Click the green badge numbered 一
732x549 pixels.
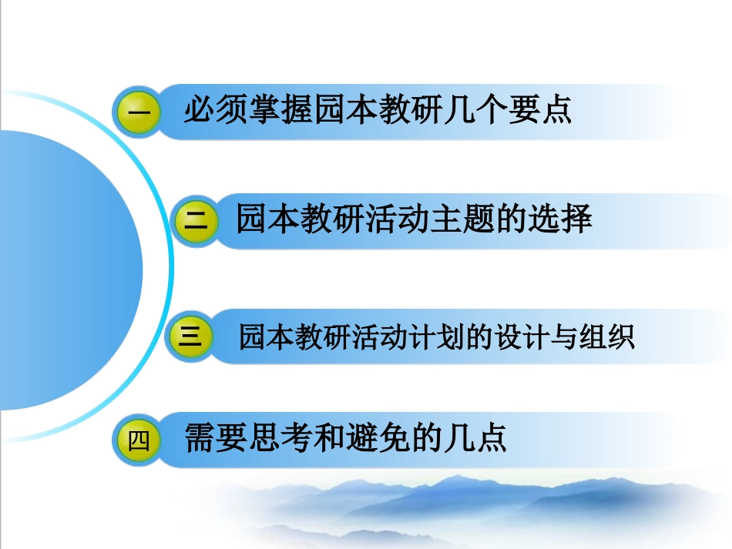click(x=139, y=112)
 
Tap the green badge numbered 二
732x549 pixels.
click(x=197, y=221)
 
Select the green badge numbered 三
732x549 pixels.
click(x=190, y=337)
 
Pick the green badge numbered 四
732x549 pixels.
click(x=139, y=441)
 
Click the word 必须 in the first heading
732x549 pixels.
click(x=215, y=110)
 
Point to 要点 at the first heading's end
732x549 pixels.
click(x=539, y=110)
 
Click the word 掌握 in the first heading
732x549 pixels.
click(x=280, y=110)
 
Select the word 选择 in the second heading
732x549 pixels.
click(x=560, y=219)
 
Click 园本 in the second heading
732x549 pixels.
click(x=269, y=219)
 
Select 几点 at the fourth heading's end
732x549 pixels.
click(x=475, y=440)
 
